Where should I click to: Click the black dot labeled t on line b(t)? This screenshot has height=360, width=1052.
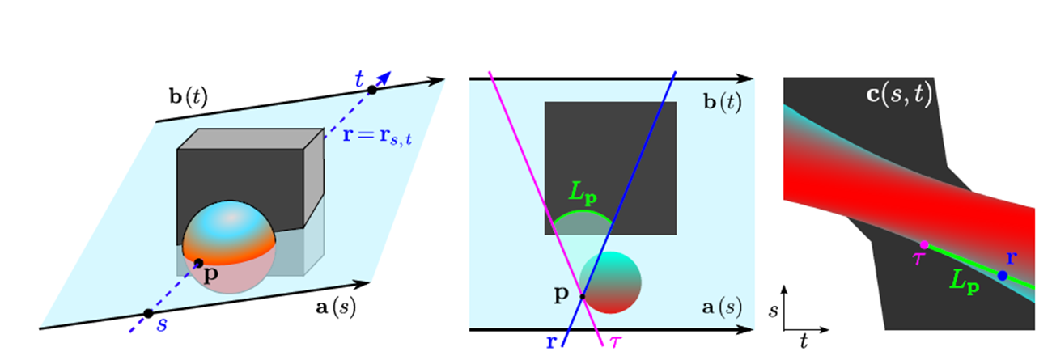pyautogui.click(x=372, y=90)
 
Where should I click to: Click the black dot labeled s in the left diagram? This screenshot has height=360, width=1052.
pyautogui.click(x=148, y=313)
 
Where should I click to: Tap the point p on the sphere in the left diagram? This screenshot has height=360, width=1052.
pyautogui.click(x=199, y=263)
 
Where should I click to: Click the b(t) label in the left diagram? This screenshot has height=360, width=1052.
pyautogui.click(x=188, y=99)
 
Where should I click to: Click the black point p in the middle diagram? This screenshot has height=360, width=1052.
pyautogui.click(x=582, y=296)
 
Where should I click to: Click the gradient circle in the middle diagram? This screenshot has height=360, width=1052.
pyautogui.click(x=611, y=282)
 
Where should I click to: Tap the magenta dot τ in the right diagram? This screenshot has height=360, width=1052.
pyautogui.click(x=924, y=244)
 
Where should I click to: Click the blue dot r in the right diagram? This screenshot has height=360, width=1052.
pyautogui.click(x=1003, y=276)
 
